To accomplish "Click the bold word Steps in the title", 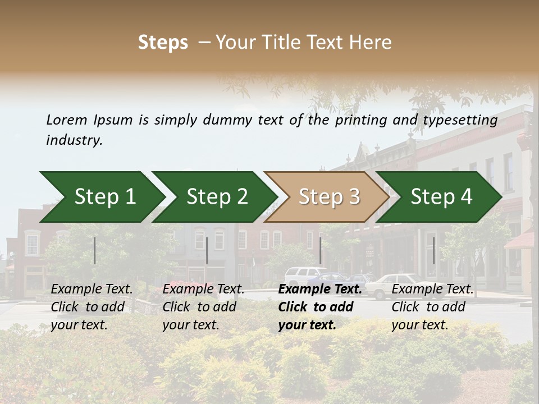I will coord(163,43).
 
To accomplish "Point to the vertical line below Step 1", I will coord(95,250).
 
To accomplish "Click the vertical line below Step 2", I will coord(207,250).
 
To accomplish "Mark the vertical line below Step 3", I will coord(320,250).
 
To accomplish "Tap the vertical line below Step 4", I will coord(433,250).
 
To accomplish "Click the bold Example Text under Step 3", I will coord(320,290).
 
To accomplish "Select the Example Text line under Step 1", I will coord(92,290).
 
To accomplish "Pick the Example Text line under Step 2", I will coord(203,290).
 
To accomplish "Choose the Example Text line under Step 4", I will coord(432,290).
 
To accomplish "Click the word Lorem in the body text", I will coord(66,120).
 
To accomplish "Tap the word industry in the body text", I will coord(74,140).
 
